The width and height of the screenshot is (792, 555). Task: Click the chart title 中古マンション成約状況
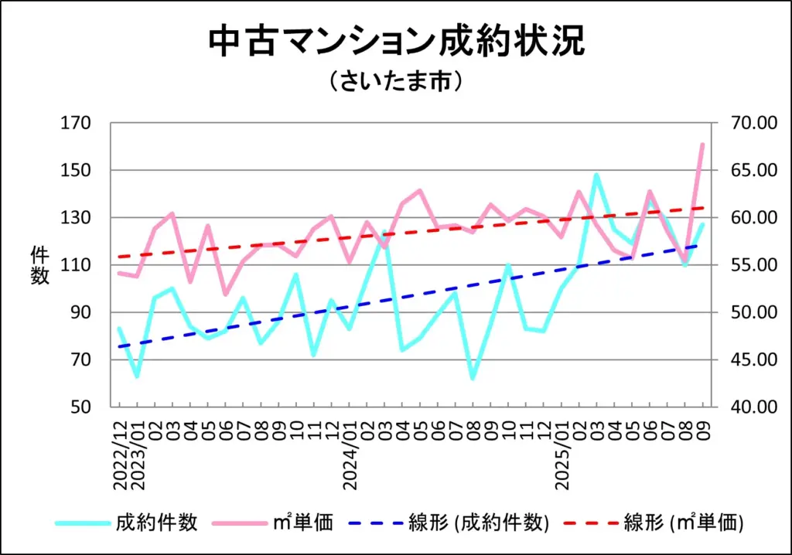pyautogui.click(x=396, y=42)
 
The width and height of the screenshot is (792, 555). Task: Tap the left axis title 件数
pyautogui.click(x=40, y=265)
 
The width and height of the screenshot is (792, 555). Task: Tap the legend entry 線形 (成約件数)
pyautogui.click(x=479, y=523)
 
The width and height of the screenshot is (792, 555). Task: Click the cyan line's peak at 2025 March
pyautogui.click(x=596, y=175)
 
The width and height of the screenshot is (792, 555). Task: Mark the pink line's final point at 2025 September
pyautogui.click(x=702, y=145)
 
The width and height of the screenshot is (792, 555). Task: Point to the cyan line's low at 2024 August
pyautogui.click(x=473, y=378)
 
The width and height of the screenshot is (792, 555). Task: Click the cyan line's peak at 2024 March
pyautogui.click(x=384, y=231)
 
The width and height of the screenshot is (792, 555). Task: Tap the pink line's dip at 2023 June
pyautogui.click(x=225, y=295)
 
